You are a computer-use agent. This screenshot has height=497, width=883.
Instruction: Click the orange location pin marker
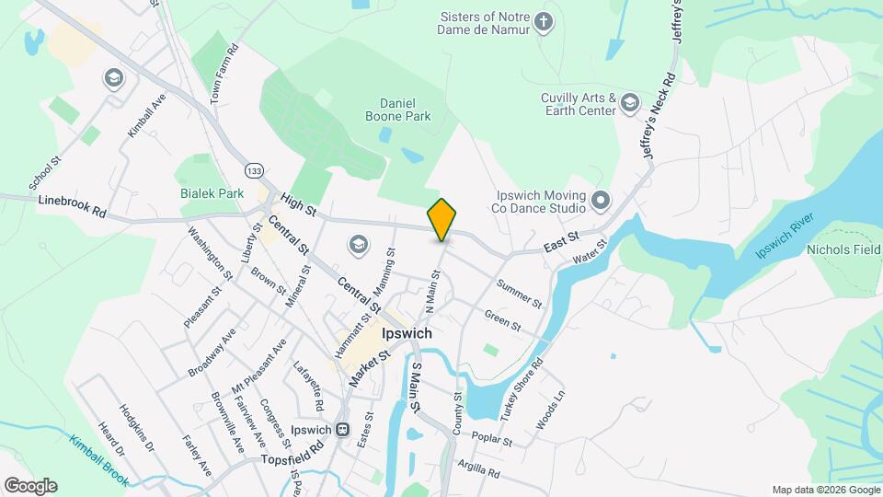click(442, 219)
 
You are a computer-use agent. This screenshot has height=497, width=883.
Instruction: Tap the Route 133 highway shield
click(254, 170)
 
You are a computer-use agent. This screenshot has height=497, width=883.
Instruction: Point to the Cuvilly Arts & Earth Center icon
click(629, 101)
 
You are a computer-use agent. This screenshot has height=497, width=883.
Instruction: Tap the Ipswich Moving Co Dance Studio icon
click(601, 199)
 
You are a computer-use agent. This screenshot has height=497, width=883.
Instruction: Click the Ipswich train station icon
click(342, 430)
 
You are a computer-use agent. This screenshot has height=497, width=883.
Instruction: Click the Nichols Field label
click(843, 249)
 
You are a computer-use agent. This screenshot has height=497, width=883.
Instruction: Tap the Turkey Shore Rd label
click(522, 388)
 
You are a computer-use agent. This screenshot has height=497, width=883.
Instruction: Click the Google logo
click(30, 486)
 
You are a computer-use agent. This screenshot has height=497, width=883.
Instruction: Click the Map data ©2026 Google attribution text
click(824, 490)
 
